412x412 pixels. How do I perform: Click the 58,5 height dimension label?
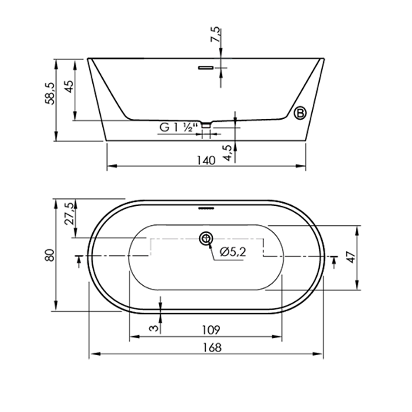click(50, 93)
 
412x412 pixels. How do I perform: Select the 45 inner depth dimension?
click(69, 86)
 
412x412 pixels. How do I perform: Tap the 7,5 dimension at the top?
click(215, 34)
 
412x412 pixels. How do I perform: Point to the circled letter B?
click(300, 113)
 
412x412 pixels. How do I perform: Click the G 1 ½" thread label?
click(178, 127)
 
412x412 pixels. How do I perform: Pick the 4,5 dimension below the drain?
click(227, 153)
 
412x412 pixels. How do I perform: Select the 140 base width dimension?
click(206, 160)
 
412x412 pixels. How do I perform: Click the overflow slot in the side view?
click(206, 68)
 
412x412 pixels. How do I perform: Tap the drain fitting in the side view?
click(206, 125)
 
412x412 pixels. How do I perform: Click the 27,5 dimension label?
click(69, 214)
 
